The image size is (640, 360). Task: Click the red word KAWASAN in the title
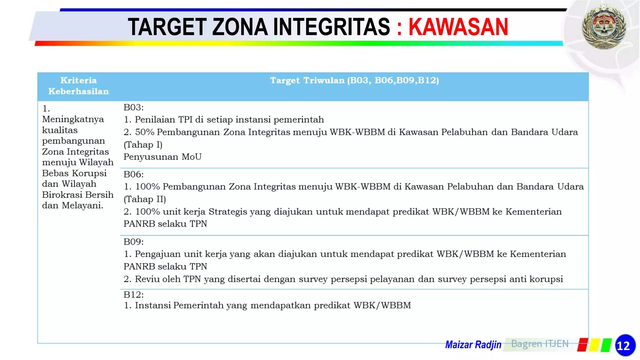point(458,27)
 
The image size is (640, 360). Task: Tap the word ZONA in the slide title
point(240,27)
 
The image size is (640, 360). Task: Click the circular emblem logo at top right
point(604,27)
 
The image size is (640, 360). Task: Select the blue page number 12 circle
point(625,345)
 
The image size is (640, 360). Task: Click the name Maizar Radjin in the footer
point(473,345)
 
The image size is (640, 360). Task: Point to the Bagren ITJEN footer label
point(540,344)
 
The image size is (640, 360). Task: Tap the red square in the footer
point(582,345)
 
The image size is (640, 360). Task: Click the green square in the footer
point(606,345)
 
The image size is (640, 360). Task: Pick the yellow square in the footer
point(594,345)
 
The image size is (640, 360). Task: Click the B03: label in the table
point(133,107)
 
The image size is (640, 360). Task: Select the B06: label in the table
point(133,174)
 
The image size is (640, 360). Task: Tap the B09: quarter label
point(133,242)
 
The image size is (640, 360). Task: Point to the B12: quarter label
point(133,295)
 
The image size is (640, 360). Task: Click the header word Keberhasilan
point(78,92)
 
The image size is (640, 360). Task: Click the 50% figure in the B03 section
point(145,132)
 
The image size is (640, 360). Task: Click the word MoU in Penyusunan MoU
point(192,157)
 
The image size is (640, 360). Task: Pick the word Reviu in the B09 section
point(147,279)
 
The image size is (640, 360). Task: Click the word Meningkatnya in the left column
point(73,119)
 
